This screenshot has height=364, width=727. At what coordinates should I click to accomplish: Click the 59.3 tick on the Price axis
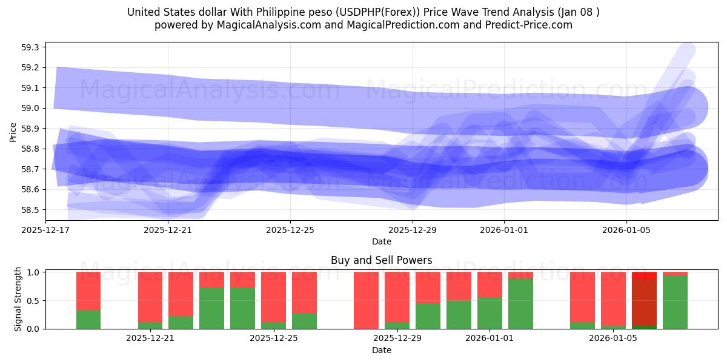(x=30, y=47)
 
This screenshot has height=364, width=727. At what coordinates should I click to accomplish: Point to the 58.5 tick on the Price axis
(x=30, y=210)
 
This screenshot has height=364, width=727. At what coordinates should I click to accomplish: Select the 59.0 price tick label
(x=30, y=108)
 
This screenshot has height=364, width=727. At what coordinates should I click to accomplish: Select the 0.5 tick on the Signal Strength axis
(x=34, y=301)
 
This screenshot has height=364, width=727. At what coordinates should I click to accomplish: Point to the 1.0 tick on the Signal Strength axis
(x=34, y=272)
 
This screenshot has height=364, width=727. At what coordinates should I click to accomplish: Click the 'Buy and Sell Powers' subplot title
(x=381, y=260)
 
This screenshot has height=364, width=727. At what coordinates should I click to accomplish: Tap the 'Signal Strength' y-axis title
(x=18, y=300)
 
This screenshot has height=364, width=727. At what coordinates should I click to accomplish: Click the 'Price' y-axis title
(x=13, y=131)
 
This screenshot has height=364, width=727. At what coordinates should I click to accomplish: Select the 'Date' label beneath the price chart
(x=381, y=241)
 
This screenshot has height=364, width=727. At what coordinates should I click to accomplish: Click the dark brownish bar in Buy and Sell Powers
(x=644, y=303)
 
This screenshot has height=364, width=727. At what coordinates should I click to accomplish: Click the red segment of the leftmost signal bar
(x=88, y=291)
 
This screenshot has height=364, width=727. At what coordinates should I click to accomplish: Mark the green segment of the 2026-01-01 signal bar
(x=490, y=313)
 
